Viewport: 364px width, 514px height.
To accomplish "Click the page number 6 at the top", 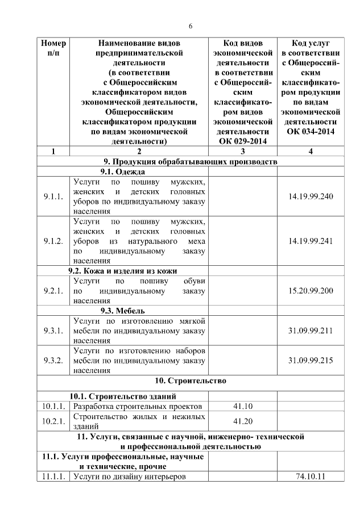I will [x=191, y=26].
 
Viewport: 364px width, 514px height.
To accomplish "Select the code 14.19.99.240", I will [x=311, y=197].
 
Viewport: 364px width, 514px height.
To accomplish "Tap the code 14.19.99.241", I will [x=311, y=241].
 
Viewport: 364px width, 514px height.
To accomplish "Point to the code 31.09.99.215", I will [x=311, y=361].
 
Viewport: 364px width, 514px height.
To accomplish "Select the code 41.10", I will [x=243, y=406].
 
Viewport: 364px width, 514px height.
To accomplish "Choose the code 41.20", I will [x=243, y=421].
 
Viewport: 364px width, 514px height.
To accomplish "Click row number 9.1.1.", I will [x=53, y=197].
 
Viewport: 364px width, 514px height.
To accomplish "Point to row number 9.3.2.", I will [x=53, y=361].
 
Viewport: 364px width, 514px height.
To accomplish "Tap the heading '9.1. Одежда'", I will [x=122, y=172].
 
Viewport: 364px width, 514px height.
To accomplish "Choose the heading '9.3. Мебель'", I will [x=122, y=311].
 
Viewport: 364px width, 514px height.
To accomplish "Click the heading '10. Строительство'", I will [x=191, y=381].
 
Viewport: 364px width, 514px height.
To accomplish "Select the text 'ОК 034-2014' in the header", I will [x=311, y=131].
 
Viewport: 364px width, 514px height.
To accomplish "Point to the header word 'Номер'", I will [x=53, y=43].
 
